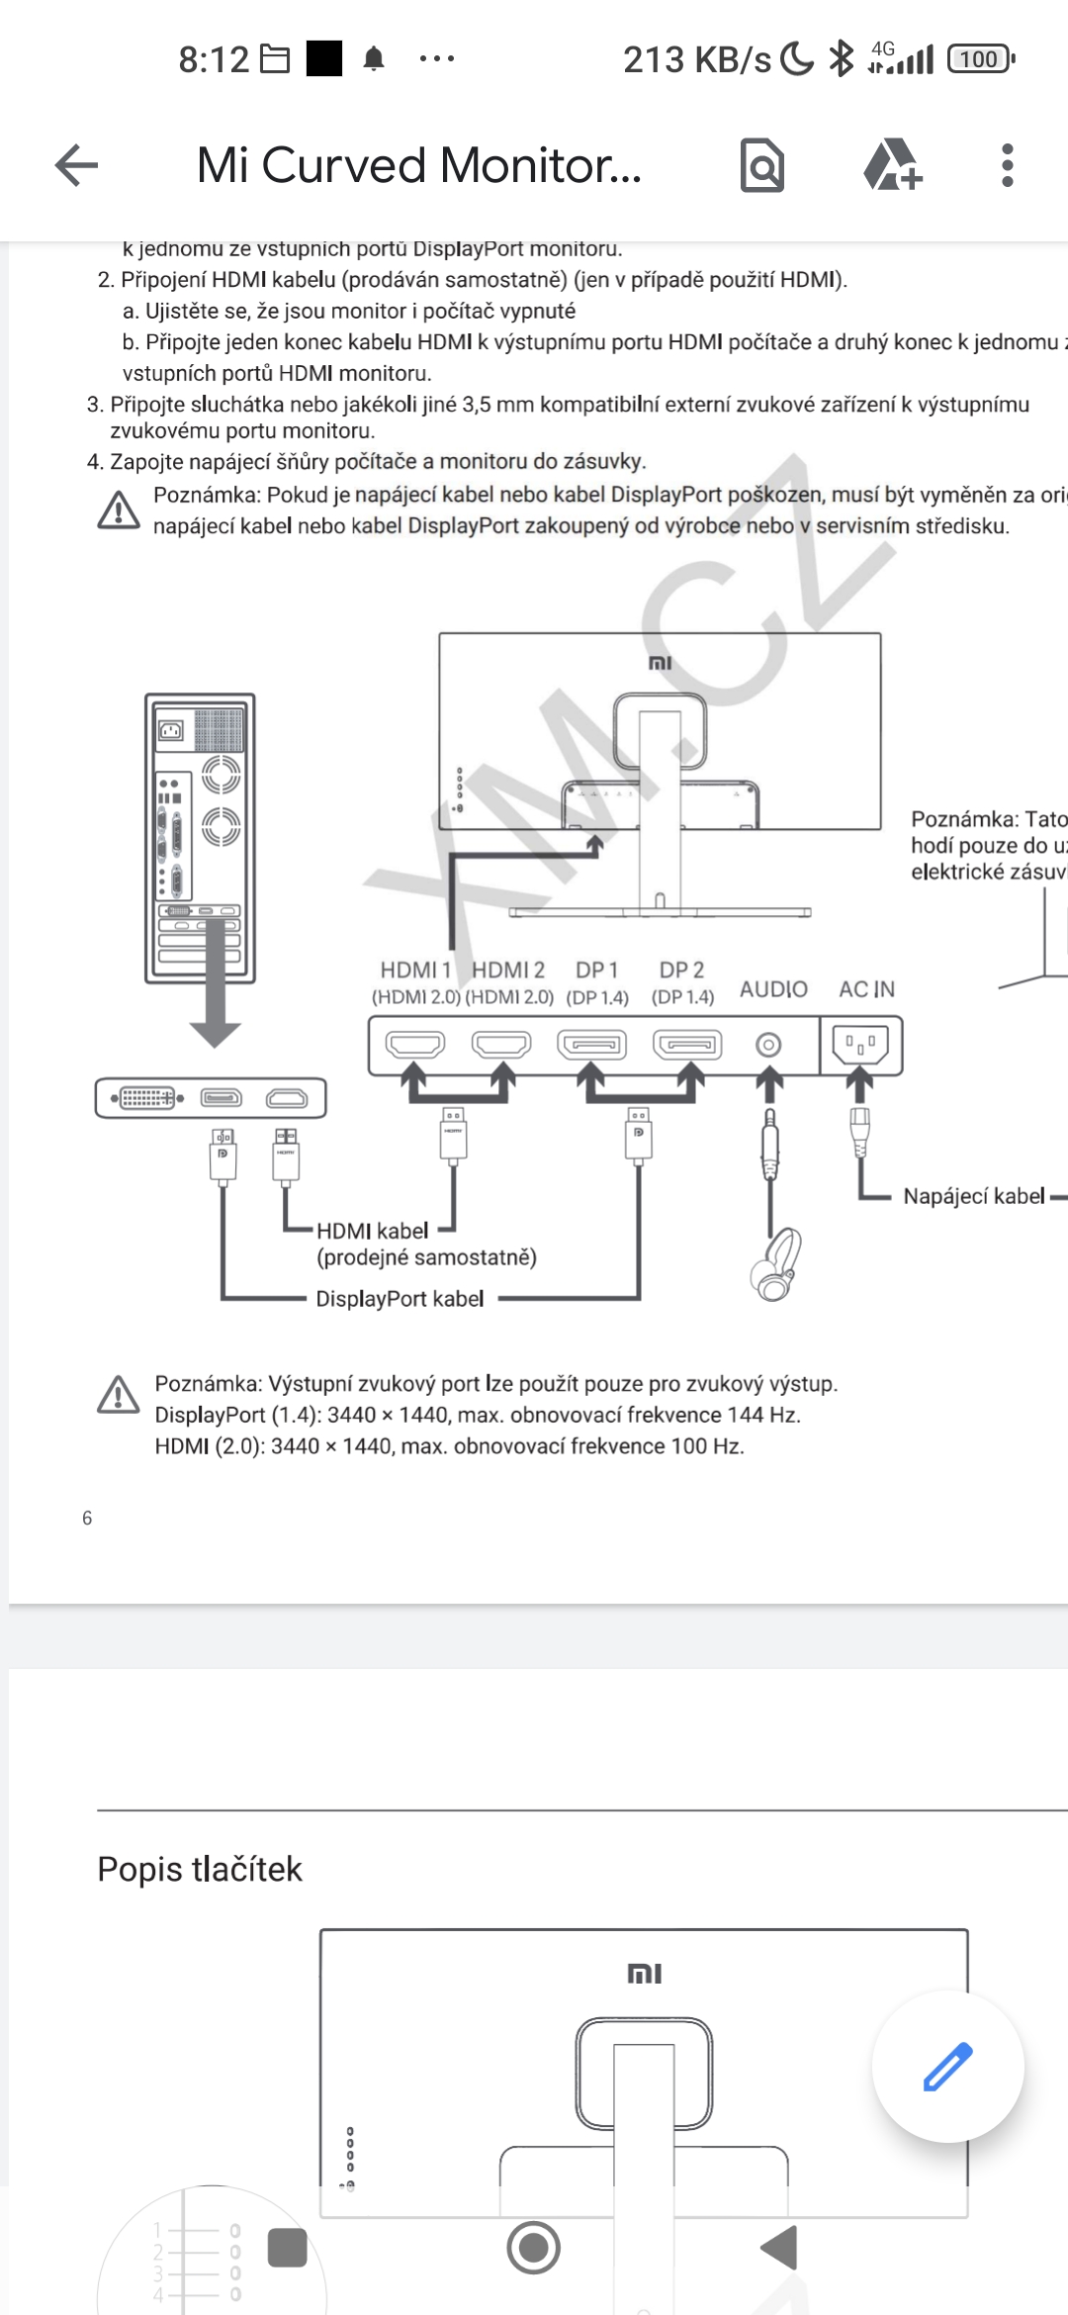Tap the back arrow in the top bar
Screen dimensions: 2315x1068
[x=76, y=165]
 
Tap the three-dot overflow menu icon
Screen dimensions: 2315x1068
[x=1007, y=165]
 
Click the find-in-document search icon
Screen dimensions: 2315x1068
[x=762, y=165]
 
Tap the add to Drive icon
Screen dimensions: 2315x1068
[x=892, y=165]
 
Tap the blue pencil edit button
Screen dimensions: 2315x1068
[x=947, y=2066]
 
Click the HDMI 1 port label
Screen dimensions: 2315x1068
[x=415, y=971]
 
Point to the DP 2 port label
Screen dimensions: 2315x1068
[x=681, y=971]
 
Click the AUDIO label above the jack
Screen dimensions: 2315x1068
[x=773, y=989]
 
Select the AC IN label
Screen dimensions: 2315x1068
[x=866, y=989]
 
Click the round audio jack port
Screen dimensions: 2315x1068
[x=768, y=1045]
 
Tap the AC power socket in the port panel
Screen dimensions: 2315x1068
[x=860, y=1044]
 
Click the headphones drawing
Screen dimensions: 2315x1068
[x=776, y=1263]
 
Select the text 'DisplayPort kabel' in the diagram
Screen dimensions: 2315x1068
[x=400, y=1299]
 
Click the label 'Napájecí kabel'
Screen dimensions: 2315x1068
[x=973, y=1196]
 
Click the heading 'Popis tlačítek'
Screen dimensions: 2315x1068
[x=200, y=1869]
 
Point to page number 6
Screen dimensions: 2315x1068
[x=87, y=1518]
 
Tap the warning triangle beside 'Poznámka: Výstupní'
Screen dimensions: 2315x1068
[x=119, y=1395]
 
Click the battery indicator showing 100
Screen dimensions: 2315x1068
[x=979, y=59]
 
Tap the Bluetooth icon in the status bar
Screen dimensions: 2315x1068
[x=841, y=59]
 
